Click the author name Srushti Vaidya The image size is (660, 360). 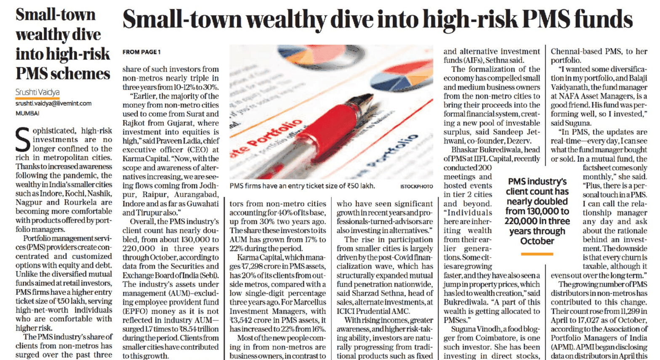tap(37, 92)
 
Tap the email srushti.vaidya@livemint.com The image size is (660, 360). tap(53, 104)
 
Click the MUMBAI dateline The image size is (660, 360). tap(27, 113)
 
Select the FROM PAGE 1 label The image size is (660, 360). tap(141, 52)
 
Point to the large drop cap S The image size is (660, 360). tap(23, 139)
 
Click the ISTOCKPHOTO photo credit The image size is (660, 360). tap(416, 186)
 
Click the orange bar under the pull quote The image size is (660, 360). tap(537, 254)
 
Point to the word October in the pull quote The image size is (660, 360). tap(537, 241)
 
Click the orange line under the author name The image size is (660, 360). tap(37, 99)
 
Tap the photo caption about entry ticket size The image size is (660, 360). tap(302, 186)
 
